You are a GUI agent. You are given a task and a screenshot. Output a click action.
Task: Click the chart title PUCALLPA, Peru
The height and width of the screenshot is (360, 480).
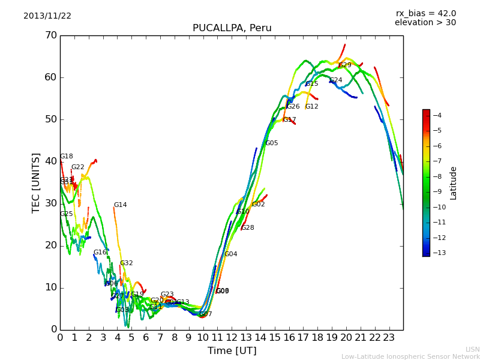pyautogui.click(x=232, y=28)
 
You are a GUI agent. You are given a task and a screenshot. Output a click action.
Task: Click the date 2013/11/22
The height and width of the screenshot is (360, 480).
pyautogui.click(x=47, y=16)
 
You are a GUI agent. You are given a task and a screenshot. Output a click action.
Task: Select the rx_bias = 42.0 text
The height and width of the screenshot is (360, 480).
pyautogui.click(x=425, y=14)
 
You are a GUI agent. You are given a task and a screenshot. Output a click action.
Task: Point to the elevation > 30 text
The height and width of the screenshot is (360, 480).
pyautogui.click(x=425, y=23)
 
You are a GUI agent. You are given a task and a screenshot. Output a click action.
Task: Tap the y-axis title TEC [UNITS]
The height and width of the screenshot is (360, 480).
pyautogui.click(x=36, y=182)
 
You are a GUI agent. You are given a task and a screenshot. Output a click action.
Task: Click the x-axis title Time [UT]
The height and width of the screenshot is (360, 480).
pyautogui.click(x=232, y=351)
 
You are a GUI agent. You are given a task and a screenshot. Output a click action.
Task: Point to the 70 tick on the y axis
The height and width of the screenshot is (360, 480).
pyautogui.click(x=50, y=35)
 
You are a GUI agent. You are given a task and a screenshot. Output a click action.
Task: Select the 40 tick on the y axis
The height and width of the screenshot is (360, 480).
pyautogui.click(x=50, y=161)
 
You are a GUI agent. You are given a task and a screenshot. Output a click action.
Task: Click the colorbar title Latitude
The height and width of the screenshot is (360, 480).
pyautogui.click(x=454, y=182)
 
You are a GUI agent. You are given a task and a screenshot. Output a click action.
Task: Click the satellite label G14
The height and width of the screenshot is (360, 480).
pyautogui.click(x=120, y=205)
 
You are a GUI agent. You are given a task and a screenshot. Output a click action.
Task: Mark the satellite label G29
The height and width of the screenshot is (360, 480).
pyautogui.click(x=345, y=65)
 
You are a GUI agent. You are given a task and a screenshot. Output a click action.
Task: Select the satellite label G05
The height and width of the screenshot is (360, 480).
pyautogui.click(x=272, y=143)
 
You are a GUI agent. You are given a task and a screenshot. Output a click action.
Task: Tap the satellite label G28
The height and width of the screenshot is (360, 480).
pyautogui.click(x=248, y=228)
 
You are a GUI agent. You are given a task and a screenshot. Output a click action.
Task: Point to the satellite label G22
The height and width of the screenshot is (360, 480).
pyautogui.click(x=78, y=167)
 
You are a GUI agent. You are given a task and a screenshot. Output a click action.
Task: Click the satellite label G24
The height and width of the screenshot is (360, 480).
pyautogui.click(x=336, y=80)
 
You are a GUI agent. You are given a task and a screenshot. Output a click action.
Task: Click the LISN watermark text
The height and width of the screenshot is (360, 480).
pyautogui.click(x=472, y=349)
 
